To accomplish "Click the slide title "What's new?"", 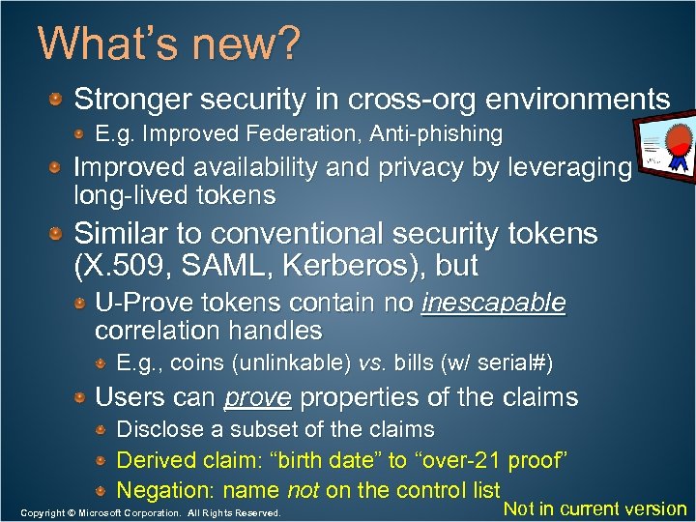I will (168, 43).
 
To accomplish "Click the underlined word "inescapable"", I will (493, 303).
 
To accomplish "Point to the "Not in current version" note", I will (595, 508).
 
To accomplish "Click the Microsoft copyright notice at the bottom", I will (150, 512).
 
